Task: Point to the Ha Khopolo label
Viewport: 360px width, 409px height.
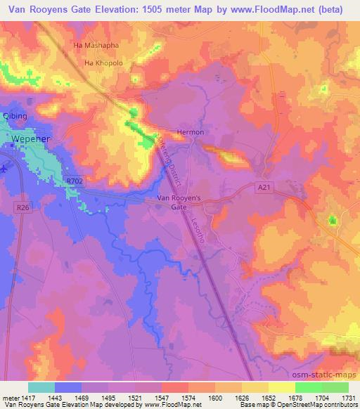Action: click(x=103, y=63)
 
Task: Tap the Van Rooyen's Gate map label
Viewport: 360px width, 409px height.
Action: click(x=179, y=203)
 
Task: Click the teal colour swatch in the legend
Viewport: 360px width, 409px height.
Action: click(x=41, y=387)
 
